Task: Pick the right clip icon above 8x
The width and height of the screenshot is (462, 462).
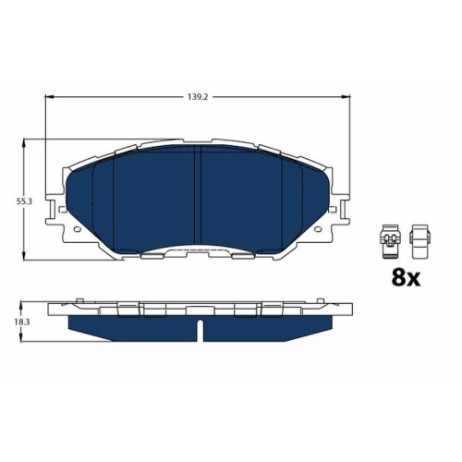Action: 419,241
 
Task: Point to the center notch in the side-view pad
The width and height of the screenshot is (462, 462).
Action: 200,326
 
